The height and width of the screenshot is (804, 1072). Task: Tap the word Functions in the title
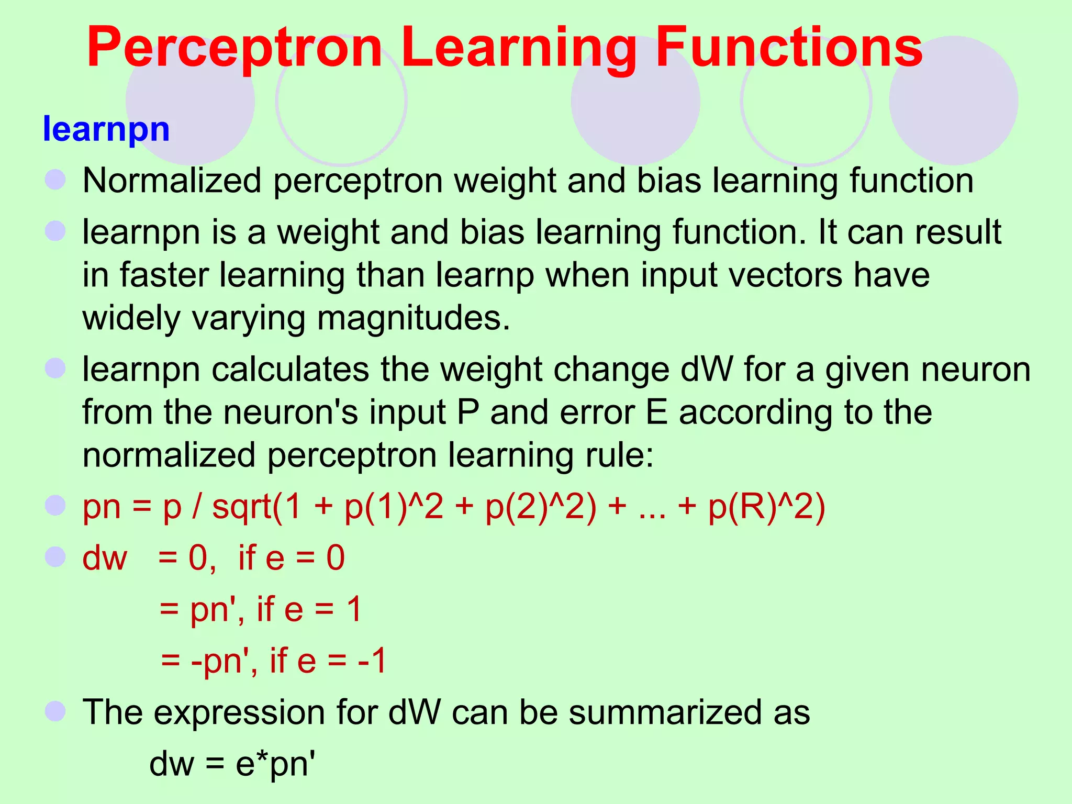[789, 48]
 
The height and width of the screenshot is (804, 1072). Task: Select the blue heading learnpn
[106, 129]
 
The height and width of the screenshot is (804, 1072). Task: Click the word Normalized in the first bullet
[172, 181]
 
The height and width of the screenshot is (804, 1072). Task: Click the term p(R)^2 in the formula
[766, 507]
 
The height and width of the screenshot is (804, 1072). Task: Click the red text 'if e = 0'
[291, 557]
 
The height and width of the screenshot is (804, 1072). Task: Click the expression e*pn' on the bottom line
[276, 764]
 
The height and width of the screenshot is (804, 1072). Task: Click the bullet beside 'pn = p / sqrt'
[55, 506]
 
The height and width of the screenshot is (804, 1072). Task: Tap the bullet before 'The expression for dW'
[55, 711]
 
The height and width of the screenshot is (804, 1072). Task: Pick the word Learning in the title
[519, 48]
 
